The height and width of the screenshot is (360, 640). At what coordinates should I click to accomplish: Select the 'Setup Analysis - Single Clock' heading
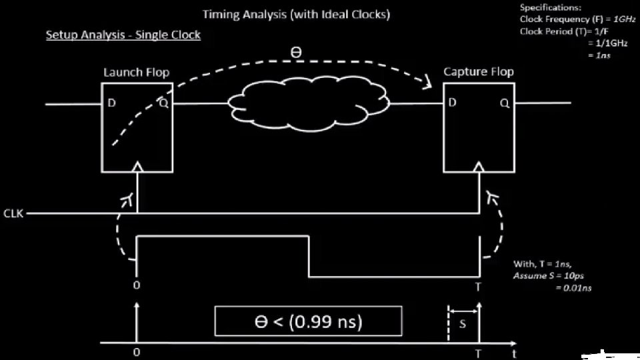click(x=123, y=35)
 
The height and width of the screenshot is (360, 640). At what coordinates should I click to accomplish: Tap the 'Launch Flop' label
click(x=136, y=72)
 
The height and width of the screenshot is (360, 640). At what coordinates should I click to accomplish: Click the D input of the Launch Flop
click(x=111, y=103)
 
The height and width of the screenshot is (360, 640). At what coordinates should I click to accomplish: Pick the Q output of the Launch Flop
click(x=163, y=103)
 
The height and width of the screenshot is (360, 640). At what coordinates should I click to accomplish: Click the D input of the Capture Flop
click(x=453, y=103)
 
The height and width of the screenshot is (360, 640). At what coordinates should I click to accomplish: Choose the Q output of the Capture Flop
click(x=504, y=103)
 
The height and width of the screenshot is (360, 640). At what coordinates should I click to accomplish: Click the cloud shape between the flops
click(x=308, y=103)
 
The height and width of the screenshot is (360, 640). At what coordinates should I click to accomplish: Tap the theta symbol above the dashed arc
click(x=296, y=52)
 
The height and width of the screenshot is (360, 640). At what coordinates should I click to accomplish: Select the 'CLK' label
click(x=12, y=214)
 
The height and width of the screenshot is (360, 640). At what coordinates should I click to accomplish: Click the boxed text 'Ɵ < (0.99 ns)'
click(x=308, y=321)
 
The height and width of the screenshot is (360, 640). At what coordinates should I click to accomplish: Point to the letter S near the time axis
click(x=463, y=324)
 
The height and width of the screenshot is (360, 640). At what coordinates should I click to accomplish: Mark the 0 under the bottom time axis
click(x=137, y=351)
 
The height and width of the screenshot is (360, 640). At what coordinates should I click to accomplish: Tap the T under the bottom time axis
click(x=478, y=352)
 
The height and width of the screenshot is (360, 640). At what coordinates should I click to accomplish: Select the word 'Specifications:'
click(x=551, y=7)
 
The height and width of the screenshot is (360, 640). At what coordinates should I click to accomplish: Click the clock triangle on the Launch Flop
click(x=137, y=167)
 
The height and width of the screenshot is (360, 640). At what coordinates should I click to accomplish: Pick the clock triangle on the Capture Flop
click(x=479, y=167)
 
